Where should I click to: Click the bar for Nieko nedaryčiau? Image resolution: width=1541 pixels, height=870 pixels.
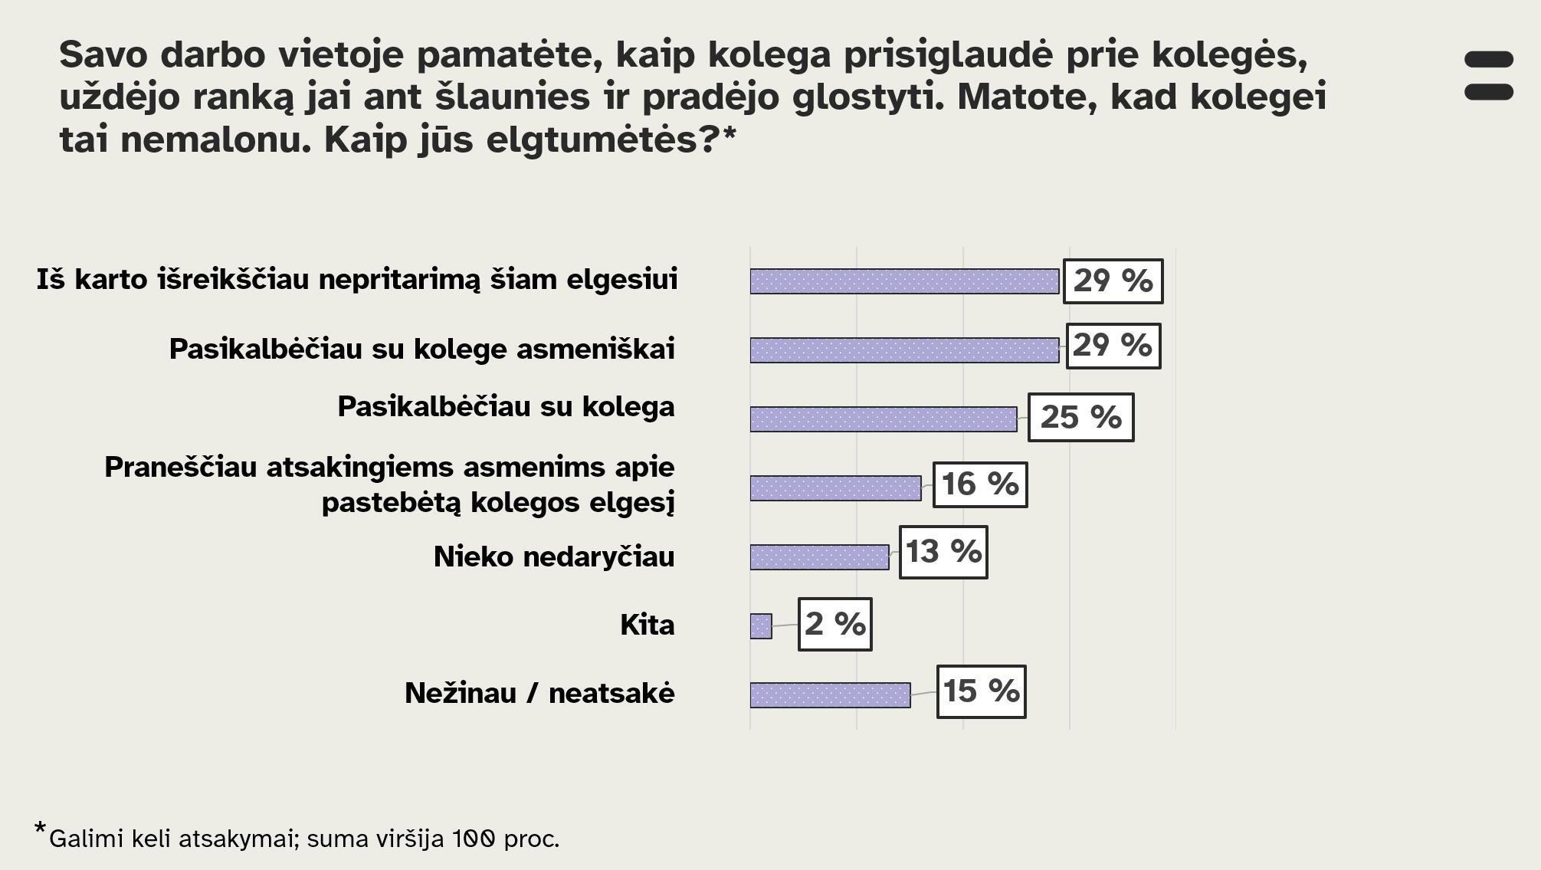click(x=819, y=557)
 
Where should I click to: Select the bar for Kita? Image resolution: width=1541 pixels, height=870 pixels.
click(x=761, y=626)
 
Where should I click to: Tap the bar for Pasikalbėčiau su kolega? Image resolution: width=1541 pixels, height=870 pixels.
click(x=884, y=419)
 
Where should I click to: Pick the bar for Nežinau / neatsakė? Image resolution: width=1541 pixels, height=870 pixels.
click(x=830, y=695)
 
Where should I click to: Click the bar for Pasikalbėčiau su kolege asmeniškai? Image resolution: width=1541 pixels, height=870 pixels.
click(x=904, y=350)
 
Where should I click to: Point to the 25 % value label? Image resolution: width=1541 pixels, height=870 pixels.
click(x=1080, y=417)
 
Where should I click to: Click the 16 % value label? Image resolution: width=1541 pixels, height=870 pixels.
click(x=980, y=484)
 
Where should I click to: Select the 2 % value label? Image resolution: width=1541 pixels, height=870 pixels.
click(x=834, y=624)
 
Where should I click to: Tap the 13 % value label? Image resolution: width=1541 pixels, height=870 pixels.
click(x=943, y=552)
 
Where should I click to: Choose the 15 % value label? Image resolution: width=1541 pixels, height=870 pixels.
click(x=981, y=691)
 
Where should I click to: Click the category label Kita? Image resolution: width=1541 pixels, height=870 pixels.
click(x=647, y=625)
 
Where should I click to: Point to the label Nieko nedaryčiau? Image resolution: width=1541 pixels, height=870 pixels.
click(x=554, y=556)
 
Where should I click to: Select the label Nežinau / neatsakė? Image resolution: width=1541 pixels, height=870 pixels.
click(x=539, y=694)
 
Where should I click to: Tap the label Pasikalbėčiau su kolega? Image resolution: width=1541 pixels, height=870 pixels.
click(x=506, y=406)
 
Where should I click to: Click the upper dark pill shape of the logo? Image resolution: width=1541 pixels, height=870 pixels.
click(x=1488, y=60)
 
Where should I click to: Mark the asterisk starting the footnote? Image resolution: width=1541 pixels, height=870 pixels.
click(x=40, y=829)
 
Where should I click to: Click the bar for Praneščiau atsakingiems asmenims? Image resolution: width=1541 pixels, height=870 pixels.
click(x=835, y=488)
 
